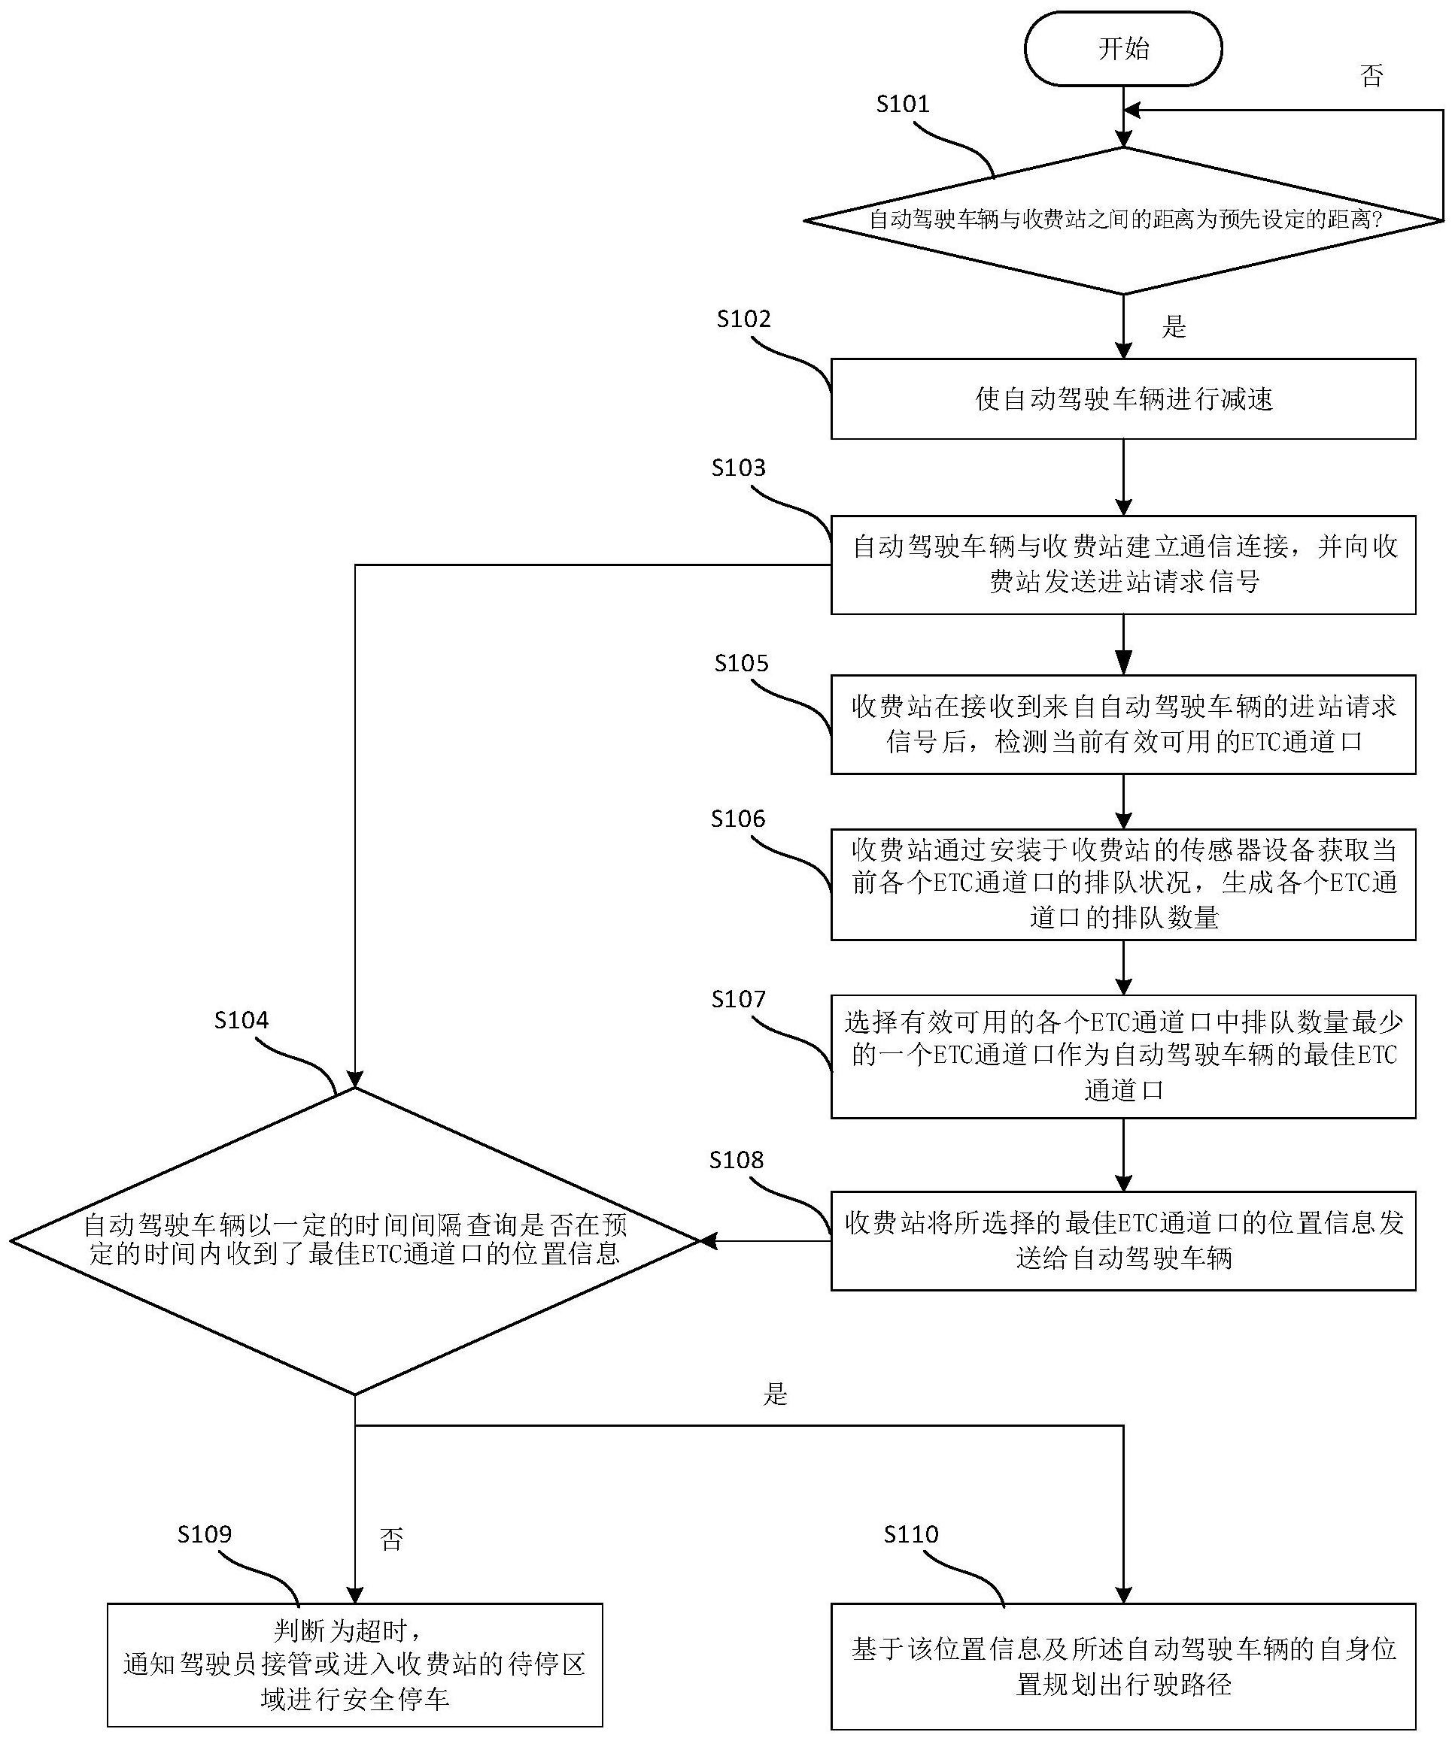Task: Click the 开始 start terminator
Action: [1123, 49]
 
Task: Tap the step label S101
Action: [904, 104]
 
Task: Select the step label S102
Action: [743, 319]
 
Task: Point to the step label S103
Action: [738, 468]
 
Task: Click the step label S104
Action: [241, 1020]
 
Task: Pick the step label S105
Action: [742, 663]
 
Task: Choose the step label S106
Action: [738, 819]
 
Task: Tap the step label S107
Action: [738, 999]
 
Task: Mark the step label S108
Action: [737, 1160]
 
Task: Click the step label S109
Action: [204, 1534]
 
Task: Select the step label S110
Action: [911, 1534]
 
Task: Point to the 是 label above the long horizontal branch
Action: [775, 1394]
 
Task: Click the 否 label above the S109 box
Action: [391, 1540]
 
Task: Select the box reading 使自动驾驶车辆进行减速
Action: [1123, 398]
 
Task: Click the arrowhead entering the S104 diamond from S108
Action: [708, 1241]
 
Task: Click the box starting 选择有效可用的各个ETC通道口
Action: [1123, 1056]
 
